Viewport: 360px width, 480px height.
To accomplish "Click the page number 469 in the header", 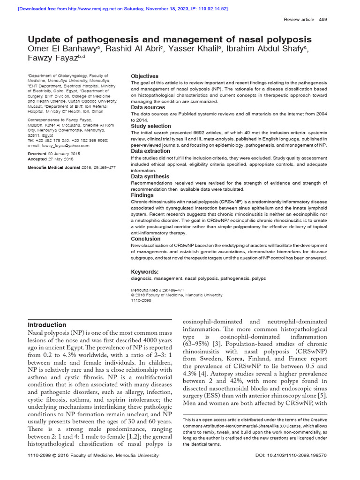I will pyautogui.click(x=323, y=19).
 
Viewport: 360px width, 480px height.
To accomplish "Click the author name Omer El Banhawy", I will pyautogui.click(x=60, y=50).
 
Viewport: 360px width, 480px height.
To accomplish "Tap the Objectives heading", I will pyautogui.click(x=144, y=76).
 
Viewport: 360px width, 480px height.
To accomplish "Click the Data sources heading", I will pyautogui.click(x=148, y=108).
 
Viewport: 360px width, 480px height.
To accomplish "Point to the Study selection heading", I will pyautogui.click(x=150, y=127).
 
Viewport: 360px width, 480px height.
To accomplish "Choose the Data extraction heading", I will pyautogui.click(x=150, y=151).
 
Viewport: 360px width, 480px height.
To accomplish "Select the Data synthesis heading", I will pyautogui.click(x=150, y=177).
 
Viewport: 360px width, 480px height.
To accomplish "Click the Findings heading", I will pyautogui.click(x=142, y=195).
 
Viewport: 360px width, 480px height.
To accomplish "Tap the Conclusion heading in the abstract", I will pyautogui.click(x=145, y=239).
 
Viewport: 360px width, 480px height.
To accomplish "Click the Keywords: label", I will pyautogui.click(x=144, y=272).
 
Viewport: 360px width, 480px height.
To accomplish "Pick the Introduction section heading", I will pyautogui.click(x=47, y=325).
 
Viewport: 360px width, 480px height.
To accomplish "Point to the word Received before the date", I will pyautogui.click(x=37, y=154).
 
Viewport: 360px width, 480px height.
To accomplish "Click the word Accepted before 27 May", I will pyautogui.click(x=37, y=159).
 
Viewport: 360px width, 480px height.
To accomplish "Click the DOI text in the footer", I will pyautogui.click(x=291, y=468).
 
